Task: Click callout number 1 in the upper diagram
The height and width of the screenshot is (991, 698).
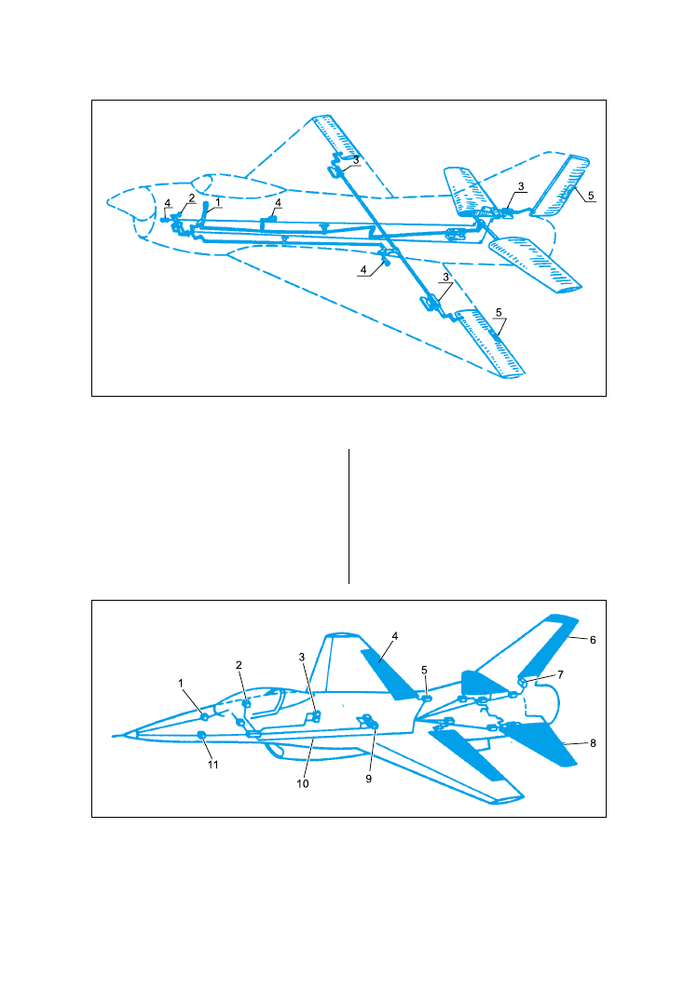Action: pyautogui.click(x=218, y=202)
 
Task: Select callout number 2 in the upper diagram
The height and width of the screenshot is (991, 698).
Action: pyautogui.click(x=192, y=197)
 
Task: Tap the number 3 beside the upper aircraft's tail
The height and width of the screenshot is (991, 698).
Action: pyautogui.click(x=521, y=186)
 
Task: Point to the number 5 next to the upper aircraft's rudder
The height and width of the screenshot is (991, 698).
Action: pyautogui.click(x=591, y=196)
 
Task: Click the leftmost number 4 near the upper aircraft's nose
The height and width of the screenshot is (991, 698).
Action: pyautogui.click(x=168, y=203)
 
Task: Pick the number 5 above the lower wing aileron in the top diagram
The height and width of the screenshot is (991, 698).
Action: pyautogui.click(x=499, y=313)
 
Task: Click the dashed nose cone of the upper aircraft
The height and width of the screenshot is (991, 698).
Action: pyautogui.click(x=130, y=202)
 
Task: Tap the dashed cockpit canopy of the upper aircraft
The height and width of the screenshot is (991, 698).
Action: pyautogui.click(x=239, y=185)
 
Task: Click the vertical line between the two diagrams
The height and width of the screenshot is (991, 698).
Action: pyautogui.click(x=349, y=516)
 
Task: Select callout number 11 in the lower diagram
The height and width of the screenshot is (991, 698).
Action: pyautogui.click(x=213, y=765)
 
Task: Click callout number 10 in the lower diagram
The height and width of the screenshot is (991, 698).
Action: pyautogui.click(x=303, y=783)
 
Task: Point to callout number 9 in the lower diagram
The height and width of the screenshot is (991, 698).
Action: pyautogui.click(x=369, y=780)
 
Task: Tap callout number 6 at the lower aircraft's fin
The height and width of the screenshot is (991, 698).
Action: pyautogui.click(x=593, y=640)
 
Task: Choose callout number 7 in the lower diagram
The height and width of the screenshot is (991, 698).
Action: pyautogui.click(x=560, y=675)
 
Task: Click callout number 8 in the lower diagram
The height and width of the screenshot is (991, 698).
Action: pyautogui.click(x=593, y=743)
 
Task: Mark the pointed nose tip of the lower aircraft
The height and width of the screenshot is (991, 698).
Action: pyautogui.click(x=114, y=736)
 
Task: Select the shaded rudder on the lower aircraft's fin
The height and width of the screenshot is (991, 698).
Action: pyautogui.click(x=548, y=645)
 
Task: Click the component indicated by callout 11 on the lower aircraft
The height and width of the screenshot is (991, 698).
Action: pyautogui.click(x=201, y=734)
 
